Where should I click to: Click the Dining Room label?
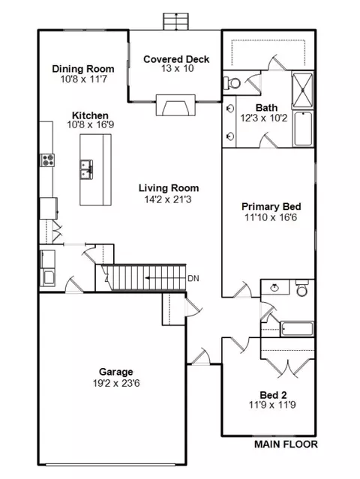click(x=83, y=69)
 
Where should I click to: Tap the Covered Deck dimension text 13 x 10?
click(x=178, y=68)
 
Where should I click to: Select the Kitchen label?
click(x=90, y=115)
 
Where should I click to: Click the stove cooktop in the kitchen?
click(x=47, y=160)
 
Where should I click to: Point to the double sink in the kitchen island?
click(x=86, y=169)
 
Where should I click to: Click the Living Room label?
click(x=169, y=188)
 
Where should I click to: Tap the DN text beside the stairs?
click(x=193, y=278)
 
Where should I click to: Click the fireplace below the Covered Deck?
click(x=175, y=106)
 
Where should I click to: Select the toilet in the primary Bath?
click(x=232, y=82)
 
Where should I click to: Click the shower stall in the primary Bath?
click(x=302, y=90)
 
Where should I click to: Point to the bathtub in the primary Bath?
click(x=303, y=129)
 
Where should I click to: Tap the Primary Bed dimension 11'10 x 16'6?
click(x=271, y=217)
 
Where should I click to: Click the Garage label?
click(x=115, y=372)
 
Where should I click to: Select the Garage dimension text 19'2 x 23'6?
click(x=116, y=383)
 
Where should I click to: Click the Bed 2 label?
click(x=273, y=395)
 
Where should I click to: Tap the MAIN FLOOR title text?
click(x=286, y=445)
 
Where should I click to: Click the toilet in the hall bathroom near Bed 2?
click(x=302, y=289)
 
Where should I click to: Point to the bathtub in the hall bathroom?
click(x=297, y=329)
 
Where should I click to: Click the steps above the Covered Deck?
click(x=175, y=22)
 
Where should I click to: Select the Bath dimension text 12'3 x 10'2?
click(x=264, y=118)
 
